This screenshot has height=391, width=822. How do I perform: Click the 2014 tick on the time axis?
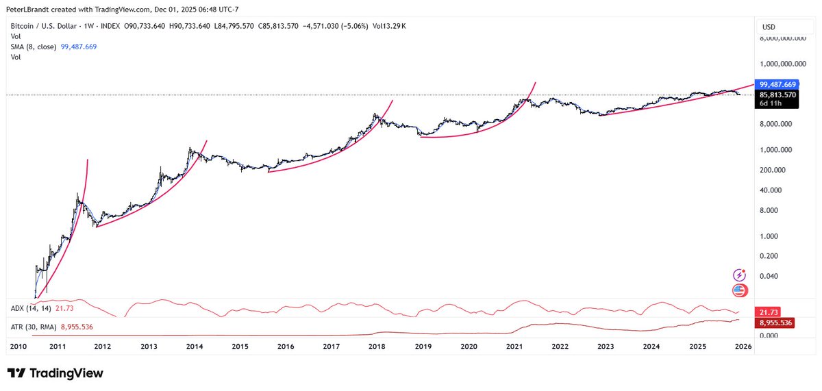194,347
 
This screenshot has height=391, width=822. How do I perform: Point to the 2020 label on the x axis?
469,347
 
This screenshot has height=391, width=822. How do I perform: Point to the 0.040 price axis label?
772,276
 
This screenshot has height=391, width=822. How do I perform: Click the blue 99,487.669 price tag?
778,84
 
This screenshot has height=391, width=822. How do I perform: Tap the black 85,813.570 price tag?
778,94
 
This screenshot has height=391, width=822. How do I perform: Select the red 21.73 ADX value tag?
766,311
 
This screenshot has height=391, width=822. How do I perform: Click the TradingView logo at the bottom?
55,373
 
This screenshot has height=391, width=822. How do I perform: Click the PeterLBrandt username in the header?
32,7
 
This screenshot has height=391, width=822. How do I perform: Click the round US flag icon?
739,290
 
